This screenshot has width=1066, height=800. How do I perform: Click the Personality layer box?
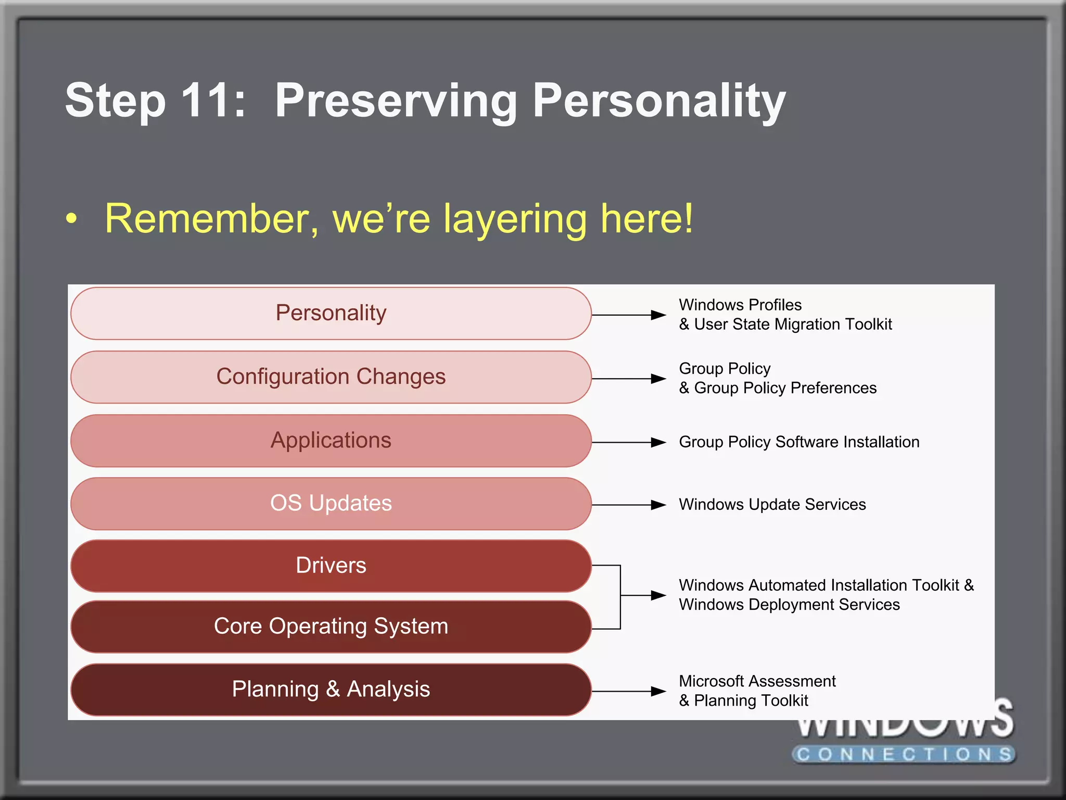[x=331, y=314]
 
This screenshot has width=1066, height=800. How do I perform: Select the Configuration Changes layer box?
[x=331, y=377]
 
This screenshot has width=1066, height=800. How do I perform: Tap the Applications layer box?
[x=331, y=441]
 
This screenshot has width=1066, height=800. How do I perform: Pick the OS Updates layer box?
[x=331, y=504]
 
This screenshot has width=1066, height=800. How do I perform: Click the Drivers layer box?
[x=331, y=566]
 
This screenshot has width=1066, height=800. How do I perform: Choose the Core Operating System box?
[x=331, y=627]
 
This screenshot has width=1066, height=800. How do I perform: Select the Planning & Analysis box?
[x=331, y=690]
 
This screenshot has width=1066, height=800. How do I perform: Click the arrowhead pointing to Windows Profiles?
[x=658, y=315]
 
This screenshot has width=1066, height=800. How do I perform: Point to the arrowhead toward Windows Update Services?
[x=658, y=505]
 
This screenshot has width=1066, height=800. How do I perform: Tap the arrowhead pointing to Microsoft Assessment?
[x=658, y=692]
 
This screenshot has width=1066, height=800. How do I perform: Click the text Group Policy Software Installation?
[x=799, y=442]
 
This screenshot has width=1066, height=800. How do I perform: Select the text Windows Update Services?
[x=772, y=505]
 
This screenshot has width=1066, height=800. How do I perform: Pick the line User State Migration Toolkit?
[x=786, y=324]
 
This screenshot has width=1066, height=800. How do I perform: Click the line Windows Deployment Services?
[x=789, y=605]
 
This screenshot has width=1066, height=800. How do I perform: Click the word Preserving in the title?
[x=396, y=101]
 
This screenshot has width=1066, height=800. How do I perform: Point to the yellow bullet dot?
[x=72, y=219]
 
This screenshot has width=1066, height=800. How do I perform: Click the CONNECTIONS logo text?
[x=905, y=754]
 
